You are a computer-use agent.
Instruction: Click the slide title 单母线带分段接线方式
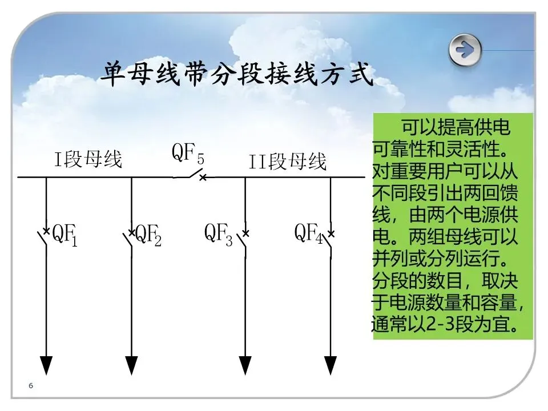tap(237, 74)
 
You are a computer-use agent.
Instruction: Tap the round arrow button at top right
tap(465, 50)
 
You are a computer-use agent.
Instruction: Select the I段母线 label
tap(88, 159)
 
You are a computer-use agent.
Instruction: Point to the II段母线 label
tap(288, 162)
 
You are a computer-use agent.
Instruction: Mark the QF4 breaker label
tap(309, 234)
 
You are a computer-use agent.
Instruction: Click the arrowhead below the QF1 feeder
tap(46, 365)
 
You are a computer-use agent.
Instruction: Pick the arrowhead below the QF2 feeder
tap(132, 365)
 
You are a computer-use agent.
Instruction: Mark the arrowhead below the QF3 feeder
tap(245, 365)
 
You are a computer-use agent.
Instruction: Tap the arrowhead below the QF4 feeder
tap(331, 365)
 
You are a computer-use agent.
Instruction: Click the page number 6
tap(31, 386)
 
